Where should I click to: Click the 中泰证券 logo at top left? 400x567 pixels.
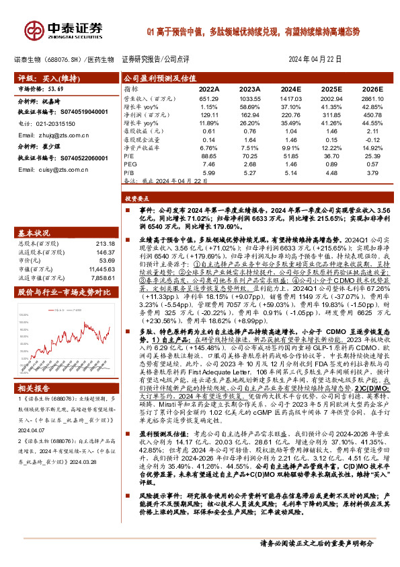59,28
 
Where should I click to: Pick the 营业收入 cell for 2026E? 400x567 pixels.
372,98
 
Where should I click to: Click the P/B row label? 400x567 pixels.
128,173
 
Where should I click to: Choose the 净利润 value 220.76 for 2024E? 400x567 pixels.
290,116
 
